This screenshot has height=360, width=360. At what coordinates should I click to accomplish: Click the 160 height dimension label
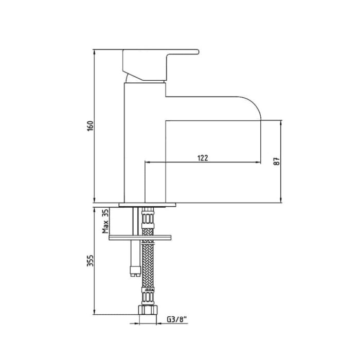click(x=89, y=127)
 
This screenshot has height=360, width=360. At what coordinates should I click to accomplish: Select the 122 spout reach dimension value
click(x=203, y=158)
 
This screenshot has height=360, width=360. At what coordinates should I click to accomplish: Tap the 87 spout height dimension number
click(x=277, y=160)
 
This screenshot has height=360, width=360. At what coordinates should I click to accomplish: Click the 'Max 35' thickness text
click(x=106, y=221)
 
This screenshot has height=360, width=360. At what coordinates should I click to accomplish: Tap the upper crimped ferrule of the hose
click(x=148, y=219)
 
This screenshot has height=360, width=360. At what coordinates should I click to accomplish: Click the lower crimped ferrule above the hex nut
click(x=147, y=296)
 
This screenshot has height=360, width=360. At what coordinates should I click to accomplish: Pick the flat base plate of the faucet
click(x=148, y=204)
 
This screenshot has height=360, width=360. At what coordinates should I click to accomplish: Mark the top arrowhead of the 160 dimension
click(x=95, y=52)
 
